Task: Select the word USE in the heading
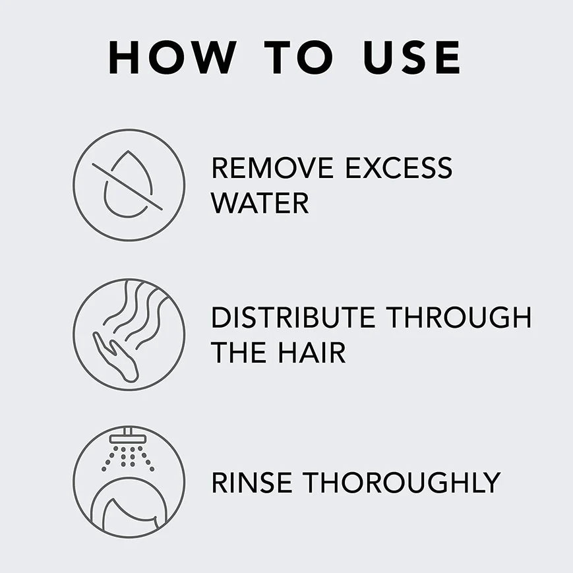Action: point(412,57)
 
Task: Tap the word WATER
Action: point(260,203)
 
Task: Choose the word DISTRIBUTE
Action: point(293,318)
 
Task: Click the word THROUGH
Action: point(459,318)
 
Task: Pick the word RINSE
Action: point(251,483)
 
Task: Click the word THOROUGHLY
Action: point(401,483)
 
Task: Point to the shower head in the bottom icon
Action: point(128,438)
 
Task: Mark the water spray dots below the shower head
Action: point(128,456)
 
